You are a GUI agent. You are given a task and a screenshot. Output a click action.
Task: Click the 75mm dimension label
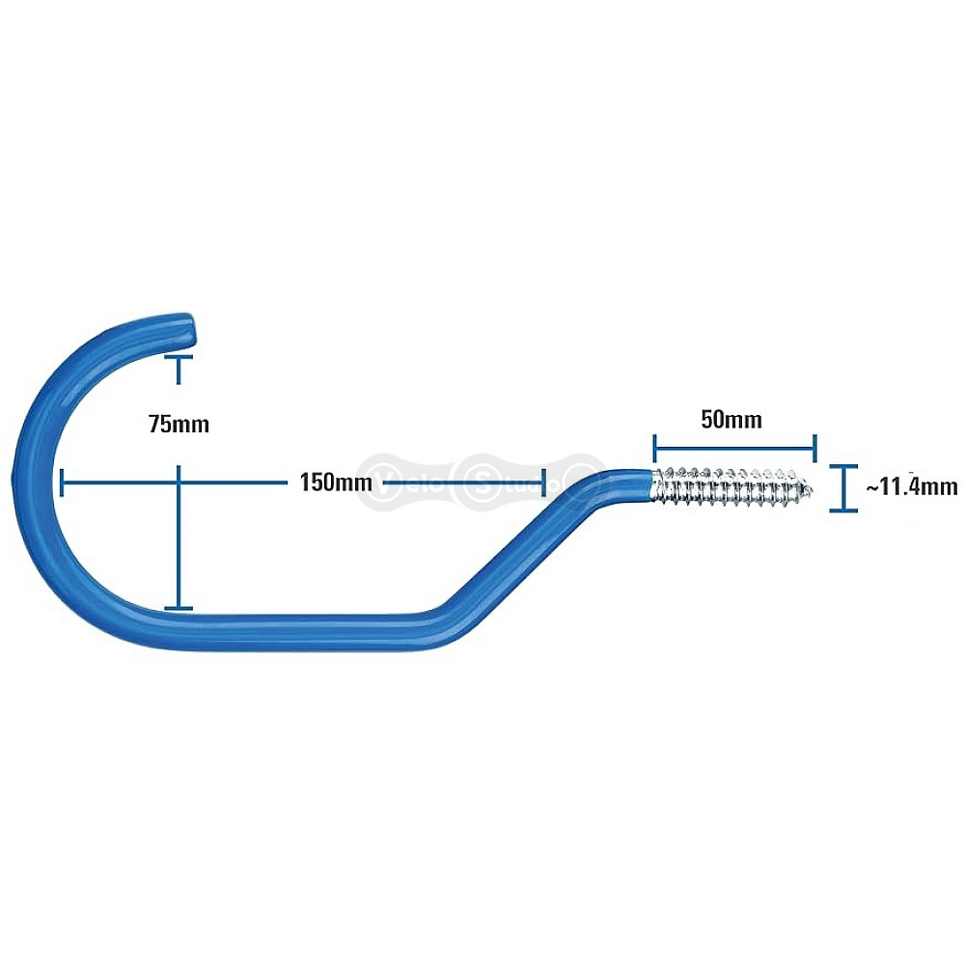coord(179,425)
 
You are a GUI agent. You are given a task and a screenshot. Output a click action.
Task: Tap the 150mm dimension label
coord(336,482)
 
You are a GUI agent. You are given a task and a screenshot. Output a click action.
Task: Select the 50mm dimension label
coord(731,420)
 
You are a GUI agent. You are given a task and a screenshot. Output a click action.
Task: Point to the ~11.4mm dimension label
coord(912,486)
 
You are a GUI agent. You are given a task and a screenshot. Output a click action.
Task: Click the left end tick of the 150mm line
coord(62,482)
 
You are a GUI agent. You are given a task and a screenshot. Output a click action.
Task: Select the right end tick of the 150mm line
coord(542,482)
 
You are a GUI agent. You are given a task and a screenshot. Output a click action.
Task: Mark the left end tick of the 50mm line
coord(655,448)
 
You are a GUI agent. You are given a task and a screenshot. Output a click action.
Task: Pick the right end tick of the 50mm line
coord(814,448)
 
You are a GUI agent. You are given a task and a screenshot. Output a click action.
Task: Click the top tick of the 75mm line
coord(179,357)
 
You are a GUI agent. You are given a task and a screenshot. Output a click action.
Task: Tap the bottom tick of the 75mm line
coord(179,609)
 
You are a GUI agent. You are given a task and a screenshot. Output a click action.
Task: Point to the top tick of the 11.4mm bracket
coord(843,466)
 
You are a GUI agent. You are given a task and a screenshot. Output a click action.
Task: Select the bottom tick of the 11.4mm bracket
coord(843,510)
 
